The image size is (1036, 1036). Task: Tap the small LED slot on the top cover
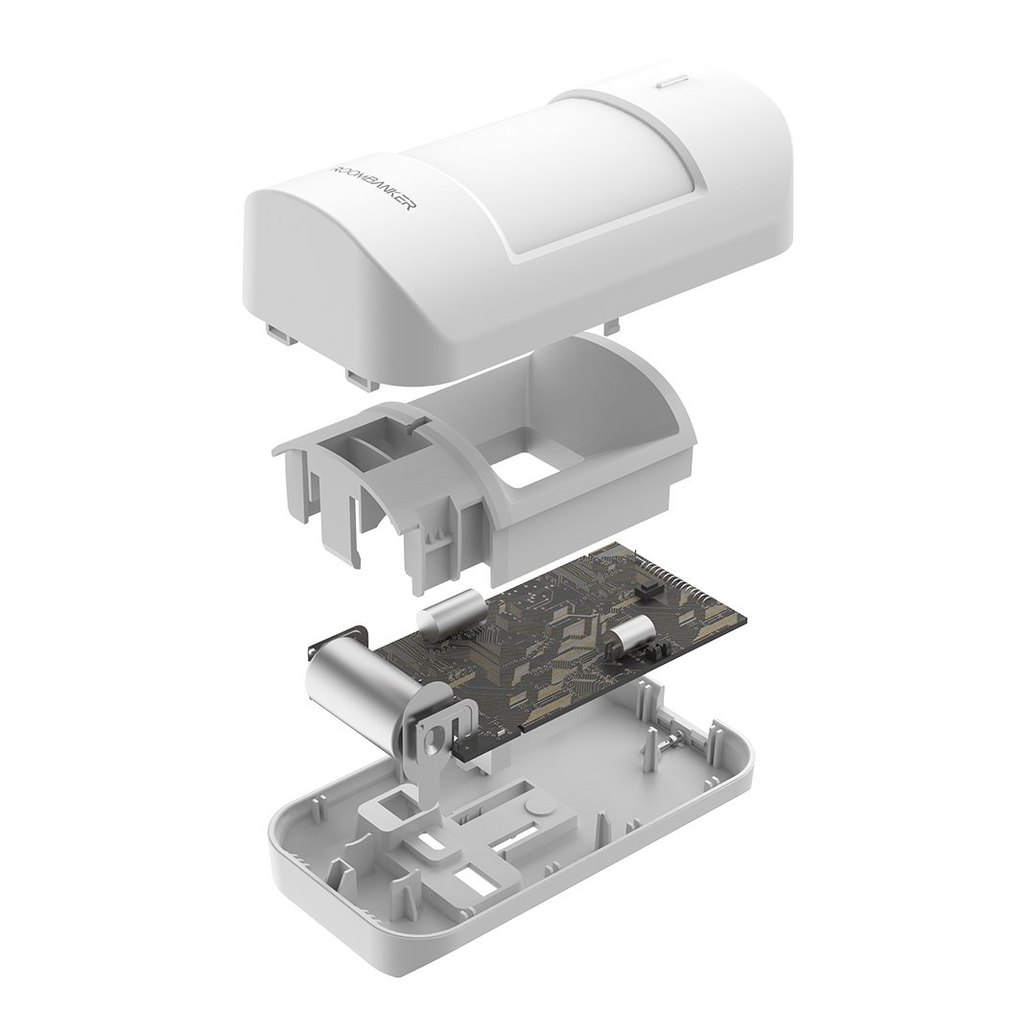(x=672, y=81)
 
